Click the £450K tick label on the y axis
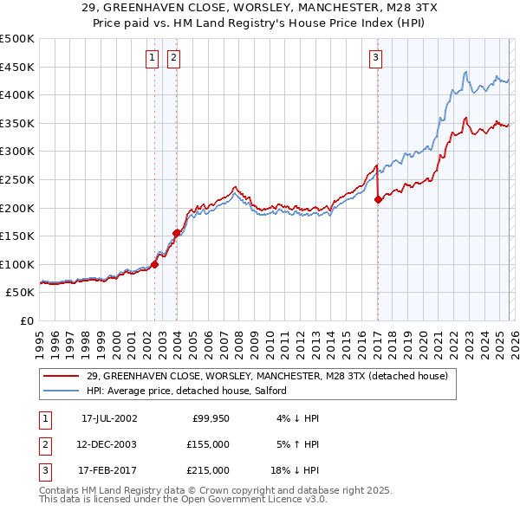pos(17,67)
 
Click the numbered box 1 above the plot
pos(152,58)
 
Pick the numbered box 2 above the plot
pos(173,58)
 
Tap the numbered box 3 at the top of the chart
pos(375,58)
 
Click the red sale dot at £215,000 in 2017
pos(378,199)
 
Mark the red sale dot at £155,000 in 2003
pos(177,233)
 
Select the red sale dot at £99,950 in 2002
pos(155,264)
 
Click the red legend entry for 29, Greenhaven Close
pos(267,376)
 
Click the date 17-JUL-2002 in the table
pos(109,418)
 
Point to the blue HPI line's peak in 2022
pos(466,72)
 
